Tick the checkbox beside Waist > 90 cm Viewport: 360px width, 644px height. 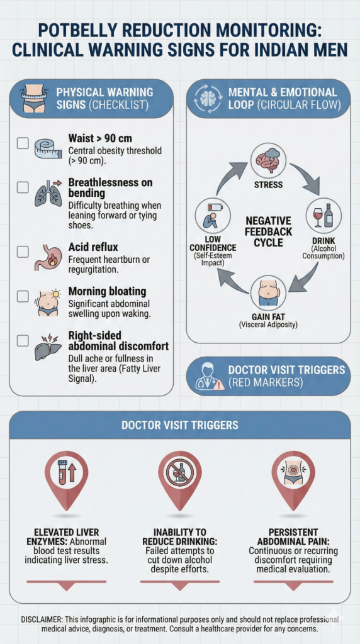[23, 143]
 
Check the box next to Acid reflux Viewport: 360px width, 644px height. [23, 252]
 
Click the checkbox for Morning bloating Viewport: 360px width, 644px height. [23, 296]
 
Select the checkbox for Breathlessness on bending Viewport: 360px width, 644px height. [23, 187]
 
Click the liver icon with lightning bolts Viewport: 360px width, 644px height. [47, 347]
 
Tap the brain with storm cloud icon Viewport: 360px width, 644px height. [268, 160]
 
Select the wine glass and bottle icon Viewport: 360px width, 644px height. [323, 215]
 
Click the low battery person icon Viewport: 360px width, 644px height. [213, 215]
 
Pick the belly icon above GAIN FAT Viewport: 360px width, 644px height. [268, 292]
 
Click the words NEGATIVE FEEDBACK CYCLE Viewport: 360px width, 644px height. [268, 231]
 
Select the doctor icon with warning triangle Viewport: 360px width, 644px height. [209, 376]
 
